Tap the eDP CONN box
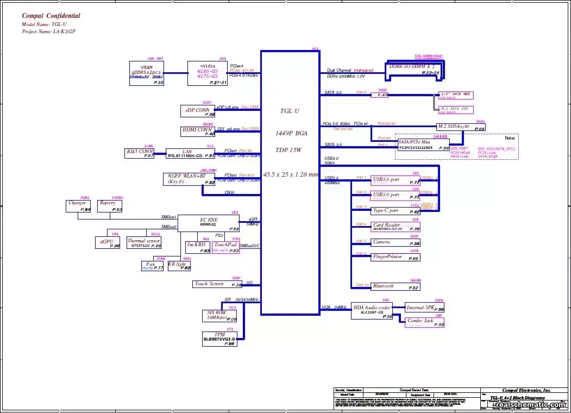point(198,110)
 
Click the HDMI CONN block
point(198,132)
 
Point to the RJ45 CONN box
point(140,153)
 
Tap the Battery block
point(110,206)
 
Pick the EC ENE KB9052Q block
point(209,223)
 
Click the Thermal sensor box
point(144,243)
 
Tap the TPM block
point(219,339)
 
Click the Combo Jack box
point(425,322)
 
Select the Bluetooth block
point(395,286)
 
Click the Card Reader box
point(395,227)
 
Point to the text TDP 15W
point(290,149)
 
